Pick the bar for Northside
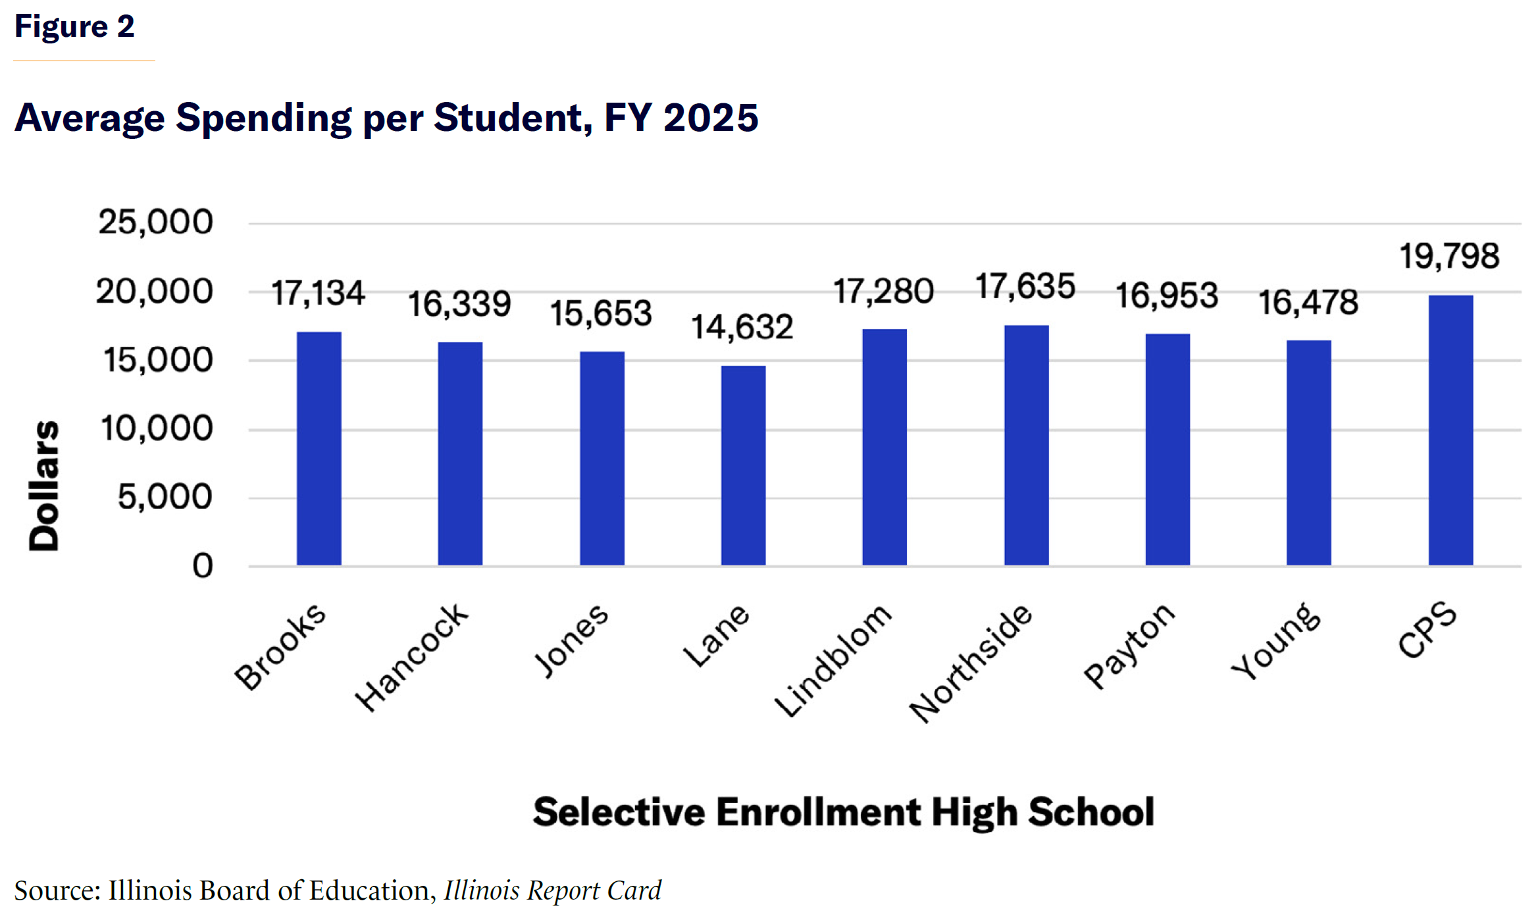(x=1026, y=445)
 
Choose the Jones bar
(x=602, y=458)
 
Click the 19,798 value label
(x=1449, y=256)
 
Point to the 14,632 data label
(x=742, y=327)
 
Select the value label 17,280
(x=884, y=292)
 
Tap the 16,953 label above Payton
(x=1167, y=295)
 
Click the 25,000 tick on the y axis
(x=156, y=222)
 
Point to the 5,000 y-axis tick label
(x=165, y=497)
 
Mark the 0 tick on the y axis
(x=203, y=566)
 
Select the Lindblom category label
(x=833, y=659)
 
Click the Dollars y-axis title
(x=44, y=486)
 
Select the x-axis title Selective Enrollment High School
(x=844, y=811)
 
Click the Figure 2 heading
(x=74, y=27)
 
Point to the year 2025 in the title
(x=711, y=118)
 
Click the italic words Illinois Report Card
(x=552, y=890)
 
